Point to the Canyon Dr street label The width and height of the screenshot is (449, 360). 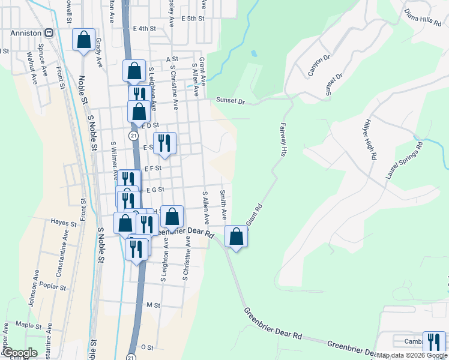(x=319, y=66)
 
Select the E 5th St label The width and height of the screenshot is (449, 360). (x=193, y=19)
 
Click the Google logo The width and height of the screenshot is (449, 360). (x=19, y=353)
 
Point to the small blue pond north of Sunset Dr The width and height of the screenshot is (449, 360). (x=254, y=53)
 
